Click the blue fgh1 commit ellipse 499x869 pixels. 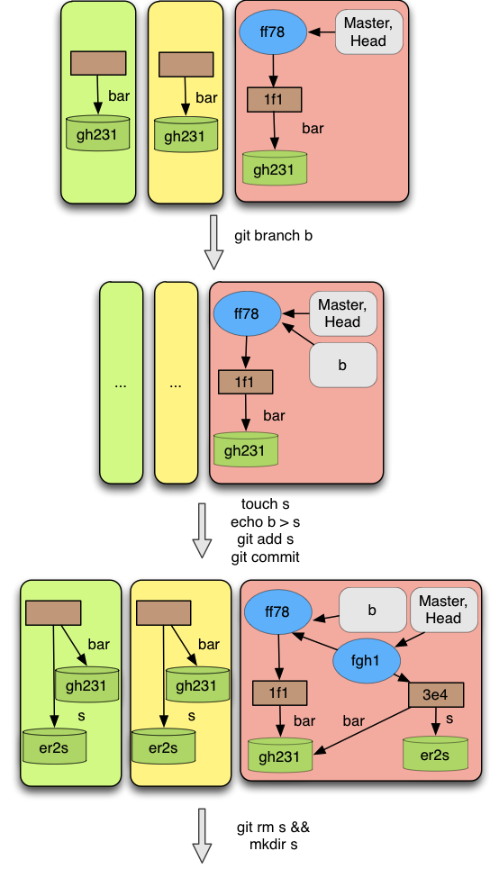tap(366, 661)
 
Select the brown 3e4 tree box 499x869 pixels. tap(436, 695)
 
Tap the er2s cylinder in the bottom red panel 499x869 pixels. tap(435, 754)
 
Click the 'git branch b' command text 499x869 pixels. tap(273, 236)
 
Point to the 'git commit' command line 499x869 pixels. tap(265, 557)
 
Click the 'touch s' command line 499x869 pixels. tap(265, 503)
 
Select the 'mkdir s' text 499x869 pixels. tap(273, 845)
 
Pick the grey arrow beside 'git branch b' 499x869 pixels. tap(214, 242)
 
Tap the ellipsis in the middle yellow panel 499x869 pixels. tap(176, 384)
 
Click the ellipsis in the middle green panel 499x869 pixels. tap(121, 384)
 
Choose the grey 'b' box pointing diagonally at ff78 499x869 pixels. tap(342, 365)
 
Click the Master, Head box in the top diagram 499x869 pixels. tap(368, 32)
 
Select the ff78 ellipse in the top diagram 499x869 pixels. tap(273, 32)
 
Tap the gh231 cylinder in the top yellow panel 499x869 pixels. tap(186, 134)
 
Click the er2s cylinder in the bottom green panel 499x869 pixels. tap(54, 747)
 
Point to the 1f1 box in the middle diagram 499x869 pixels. tap(246, 382)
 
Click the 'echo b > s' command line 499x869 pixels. tap(265, 521)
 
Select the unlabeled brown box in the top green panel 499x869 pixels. tap(98, 63)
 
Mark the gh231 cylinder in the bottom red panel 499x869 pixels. tap(280, 756)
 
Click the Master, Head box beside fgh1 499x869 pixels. tap(443, 610)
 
